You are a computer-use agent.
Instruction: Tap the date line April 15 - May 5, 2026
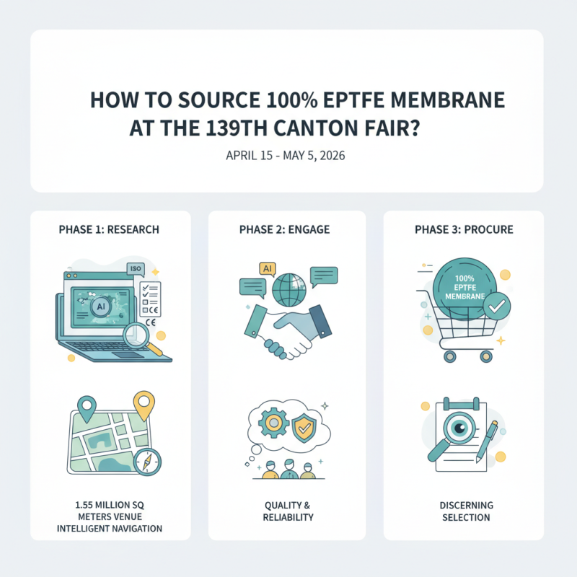tap(286, 156)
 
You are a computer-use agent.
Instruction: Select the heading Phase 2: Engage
tap(286, 229)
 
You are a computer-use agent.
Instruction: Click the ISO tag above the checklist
tap(135, 269)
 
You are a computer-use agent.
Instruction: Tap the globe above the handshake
tap(288, 287)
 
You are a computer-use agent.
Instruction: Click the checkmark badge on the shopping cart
tap(495, 307)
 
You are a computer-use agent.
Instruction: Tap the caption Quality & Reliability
tap(286, 511)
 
